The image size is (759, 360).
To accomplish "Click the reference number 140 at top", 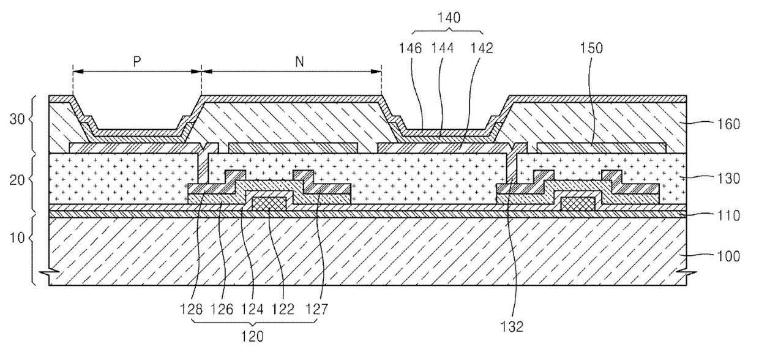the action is [x=449, y=18].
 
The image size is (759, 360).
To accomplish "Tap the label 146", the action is [x=410, y=48].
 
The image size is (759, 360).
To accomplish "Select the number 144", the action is [x=442, y=48].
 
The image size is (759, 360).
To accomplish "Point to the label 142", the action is [x=481, y=48].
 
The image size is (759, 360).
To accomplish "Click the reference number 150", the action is [x=591, y=48].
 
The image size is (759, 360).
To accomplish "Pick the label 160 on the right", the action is [x=728, y=124].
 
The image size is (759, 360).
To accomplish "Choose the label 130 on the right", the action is [x=728, y=179].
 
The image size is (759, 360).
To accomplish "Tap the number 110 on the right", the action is [x=728, y=216].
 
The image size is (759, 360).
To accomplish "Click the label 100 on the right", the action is [x=728, y=256].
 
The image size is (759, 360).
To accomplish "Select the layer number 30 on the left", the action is [x=17, y=119].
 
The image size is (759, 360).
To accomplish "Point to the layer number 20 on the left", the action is [x=17, y=179].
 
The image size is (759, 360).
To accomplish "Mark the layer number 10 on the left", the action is [x=17, y=238].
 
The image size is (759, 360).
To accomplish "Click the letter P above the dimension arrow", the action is [x=137, y=62].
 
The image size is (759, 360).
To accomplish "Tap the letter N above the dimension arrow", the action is [x=299, y=62].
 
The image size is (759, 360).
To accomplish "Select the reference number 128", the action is [x=192, y=309].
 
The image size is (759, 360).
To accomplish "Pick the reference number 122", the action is [x=283, y=309].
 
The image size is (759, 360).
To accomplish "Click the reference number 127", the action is [x=317, y=309].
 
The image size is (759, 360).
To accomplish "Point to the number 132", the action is [x=512, y=327].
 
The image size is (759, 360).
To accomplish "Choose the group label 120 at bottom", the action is [x=252, y=337].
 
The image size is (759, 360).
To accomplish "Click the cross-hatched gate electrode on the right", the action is [x=578, y=204].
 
